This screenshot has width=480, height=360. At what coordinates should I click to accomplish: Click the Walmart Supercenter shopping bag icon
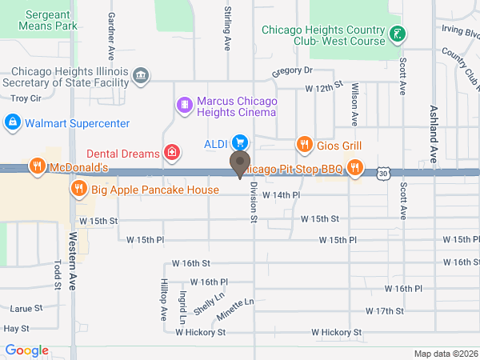[x=12, y=123]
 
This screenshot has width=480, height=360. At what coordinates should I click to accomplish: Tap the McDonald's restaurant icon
[x=37, y=166]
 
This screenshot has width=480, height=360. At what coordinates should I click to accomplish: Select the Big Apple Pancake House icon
[x=78, y=190]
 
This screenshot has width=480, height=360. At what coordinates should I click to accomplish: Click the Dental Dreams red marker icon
[x=171, y=152]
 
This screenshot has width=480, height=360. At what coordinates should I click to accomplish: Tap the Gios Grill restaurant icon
[x=304, y=145]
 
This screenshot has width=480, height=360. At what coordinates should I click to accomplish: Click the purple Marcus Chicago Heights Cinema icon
[x=184, y=105]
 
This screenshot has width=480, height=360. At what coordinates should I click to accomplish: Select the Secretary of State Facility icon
[x=141, y=77]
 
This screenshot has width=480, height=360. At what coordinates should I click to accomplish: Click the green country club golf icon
[x=398, y=34]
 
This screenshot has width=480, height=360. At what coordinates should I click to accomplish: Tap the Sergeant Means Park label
[x=50, y=20]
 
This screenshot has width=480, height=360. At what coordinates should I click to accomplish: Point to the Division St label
[x=253, y=201]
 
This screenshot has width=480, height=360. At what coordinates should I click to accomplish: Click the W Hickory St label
[x=336, y=332]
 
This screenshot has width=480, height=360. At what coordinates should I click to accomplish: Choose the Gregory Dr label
[x=291, y=71]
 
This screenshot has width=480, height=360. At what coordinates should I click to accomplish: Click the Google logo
[x=26, y=350]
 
